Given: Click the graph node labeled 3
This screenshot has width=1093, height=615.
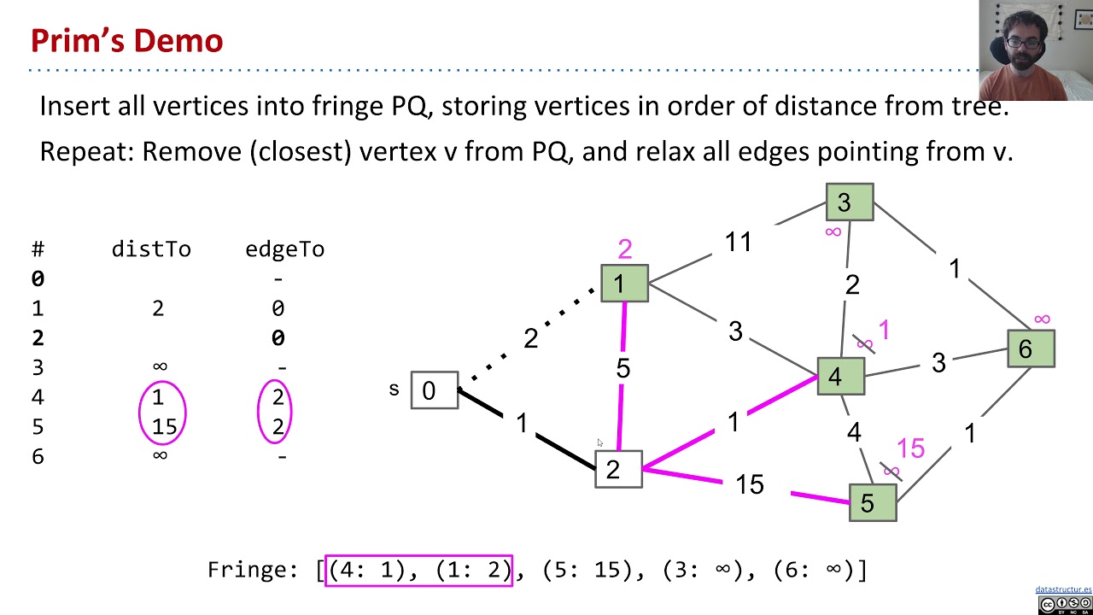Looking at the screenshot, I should [x=849, y=202].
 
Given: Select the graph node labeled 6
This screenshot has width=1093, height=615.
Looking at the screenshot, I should [x=1031, y=348].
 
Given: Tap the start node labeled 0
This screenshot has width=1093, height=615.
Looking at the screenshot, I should [x=434, y=390].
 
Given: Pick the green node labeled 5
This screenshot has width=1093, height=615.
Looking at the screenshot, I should [x=872, y=502].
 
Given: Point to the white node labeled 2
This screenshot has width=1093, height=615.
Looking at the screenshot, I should [x=618, y=469].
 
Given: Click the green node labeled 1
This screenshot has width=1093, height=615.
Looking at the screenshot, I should [x=624, y=284].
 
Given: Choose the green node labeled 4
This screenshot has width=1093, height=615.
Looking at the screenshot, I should [x=840, y=377].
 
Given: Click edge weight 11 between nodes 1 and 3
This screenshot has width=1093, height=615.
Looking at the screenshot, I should [x=738, y=243].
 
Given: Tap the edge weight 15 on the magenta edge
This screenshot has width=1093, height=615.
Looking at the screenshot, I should [x=749, y=485].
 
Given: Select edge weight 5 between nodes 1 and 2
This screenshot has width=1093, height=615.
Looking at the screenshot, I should [x=622, y=368].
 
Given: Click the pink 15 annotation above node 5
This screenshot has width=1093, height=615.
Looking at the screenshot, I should [x=910, y=448].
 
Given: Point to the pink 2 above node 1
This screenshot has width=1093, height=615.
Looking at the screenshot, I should [x=624, y=249].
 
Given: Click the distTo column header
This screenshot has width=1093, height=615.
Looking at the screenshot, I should [x=151, y=249].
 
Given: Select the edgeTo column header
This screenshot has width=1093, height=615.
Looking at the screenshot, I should [x=284, y=249].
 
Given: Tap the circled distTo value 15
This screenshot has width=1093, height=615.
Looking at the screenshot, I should [x=163, y=427].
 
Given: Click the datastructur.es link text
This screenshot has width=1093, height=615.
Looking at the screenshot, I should [x=1063, y=589].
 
